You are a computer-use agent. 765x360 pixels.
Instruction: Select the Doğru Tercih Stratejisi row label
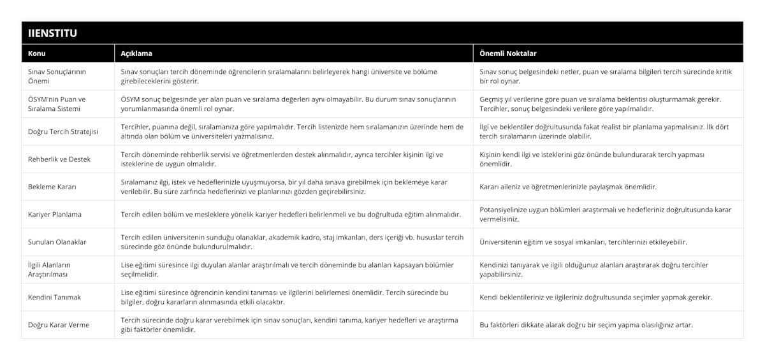62,131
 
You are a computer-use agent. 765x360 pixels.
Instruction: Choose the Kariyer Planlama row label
55,214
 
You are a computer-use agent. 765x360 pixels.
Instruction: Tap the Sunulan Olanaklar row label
58,242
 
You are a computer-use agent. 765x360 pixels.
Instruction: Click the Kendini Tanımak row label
55,297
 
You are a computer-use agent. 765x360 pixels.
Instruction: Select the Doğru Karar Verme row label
59,325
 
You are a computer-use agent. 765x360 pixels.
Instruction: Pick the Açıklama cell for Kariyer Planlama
291,214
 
